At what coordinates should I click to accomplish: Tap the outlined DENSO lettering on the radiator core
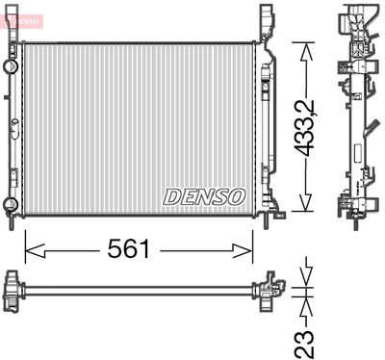pos(205,195)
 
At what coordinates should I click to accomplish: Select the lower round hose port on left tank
pos(10,203)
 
